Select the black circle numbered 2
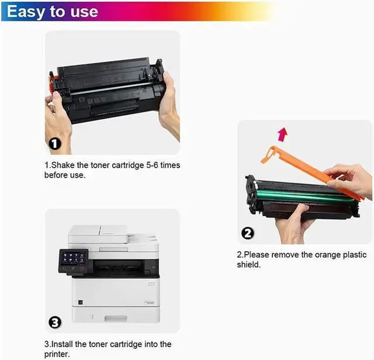click(x=248, y=233)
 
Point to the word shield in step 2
click(x=248, y=265)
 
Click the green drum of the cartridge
click(x=304, y=194)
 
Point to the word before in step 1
click(x=57, y=175)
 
